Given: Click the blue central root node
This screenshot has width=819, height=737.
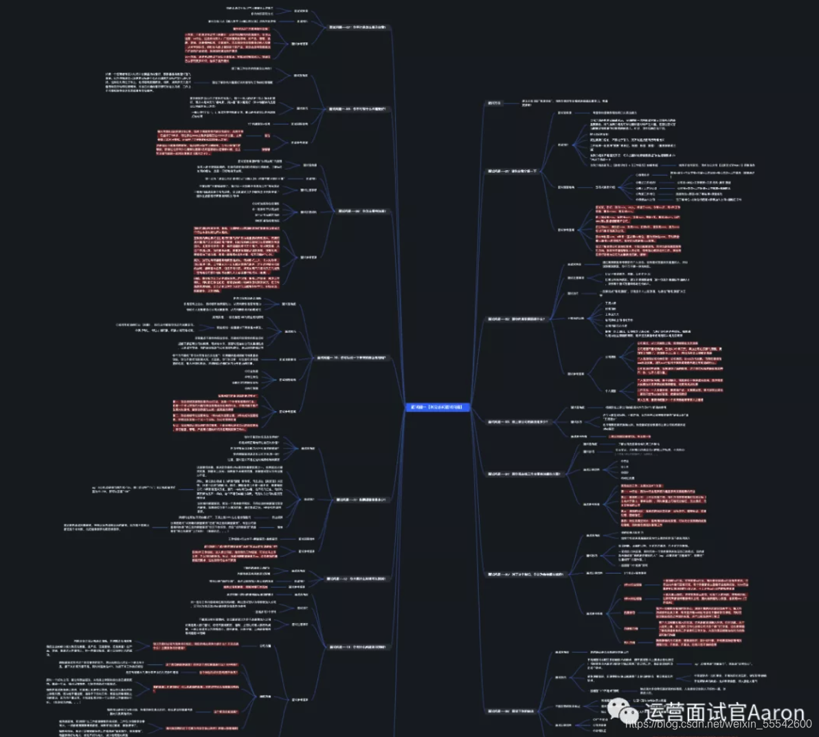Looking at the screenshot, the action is pyautogui.click(x=437, y=407).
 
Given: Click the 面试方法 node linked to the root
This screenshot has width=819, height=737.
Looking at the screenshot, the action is pyautogui.click(x=495, y=103).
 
